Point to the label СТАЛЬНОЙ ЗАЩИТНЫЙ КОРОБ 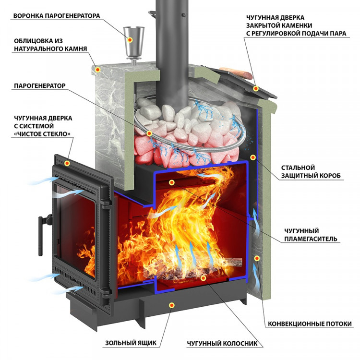coord(312,172)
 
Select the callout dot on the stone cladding coord(98,70)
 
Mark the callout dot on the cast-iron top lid coord(256,88)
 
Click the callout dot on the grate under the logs coord(204,277)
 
